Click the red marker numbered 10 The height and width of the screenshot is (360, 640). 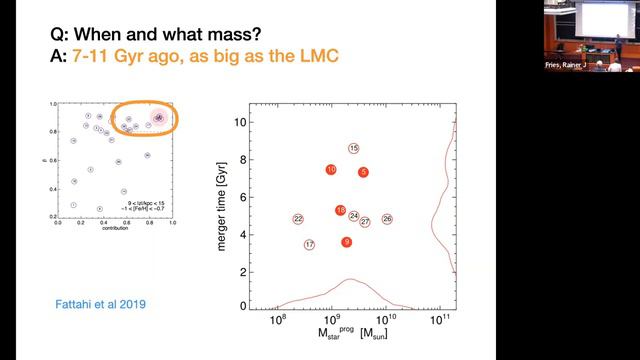(331, 170)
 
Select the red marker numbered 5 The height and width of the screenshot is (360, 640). (364, 172)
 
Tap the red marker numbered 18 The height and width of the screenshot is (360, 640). (341, 211)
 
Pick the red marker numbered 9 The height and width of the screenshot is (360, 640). (347, 242)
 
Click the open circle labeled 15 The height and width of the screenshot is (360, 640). (354, 148)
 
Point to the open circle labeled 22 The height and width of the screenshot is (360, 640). (298, 219)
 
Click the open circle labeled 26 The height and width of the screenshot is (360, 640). (387, 219)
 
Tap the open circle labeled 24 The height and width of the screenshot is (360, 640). (354, 216)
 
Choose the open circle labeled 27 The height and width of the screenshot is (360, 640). (365, 222)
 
